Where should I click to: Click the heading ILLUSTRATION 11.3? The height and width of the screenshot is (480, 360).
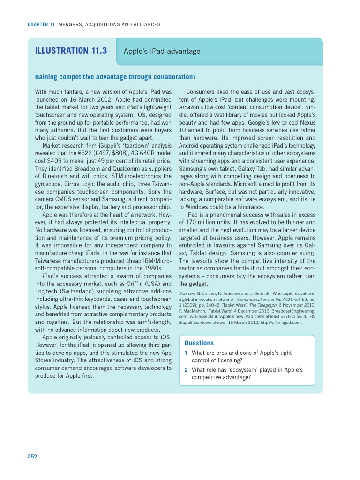(x=71, y=51)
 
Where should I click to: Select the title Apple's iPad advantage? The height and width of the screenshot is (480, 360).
(x=162, y=52)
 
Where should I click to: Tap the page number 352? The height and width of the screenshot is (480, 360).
(x=32, y=456)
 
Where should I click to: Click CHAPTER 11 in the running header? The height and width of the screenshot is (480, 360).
(x=41, y=24)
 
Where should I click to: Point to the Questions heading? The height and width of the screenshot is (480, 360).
(x=199, y=343)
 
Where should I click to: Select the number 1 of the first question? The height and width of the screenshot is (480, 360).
(x=186, y=353)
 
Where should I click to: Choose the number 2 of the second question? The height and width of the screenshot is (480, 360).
(x=186, y=370)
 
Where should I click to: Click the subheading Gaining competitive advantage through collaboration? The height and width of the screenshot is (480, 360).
(x=115, y=77)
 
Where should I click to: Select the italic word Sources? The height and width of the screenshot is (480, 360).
(x=187, y=293)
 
